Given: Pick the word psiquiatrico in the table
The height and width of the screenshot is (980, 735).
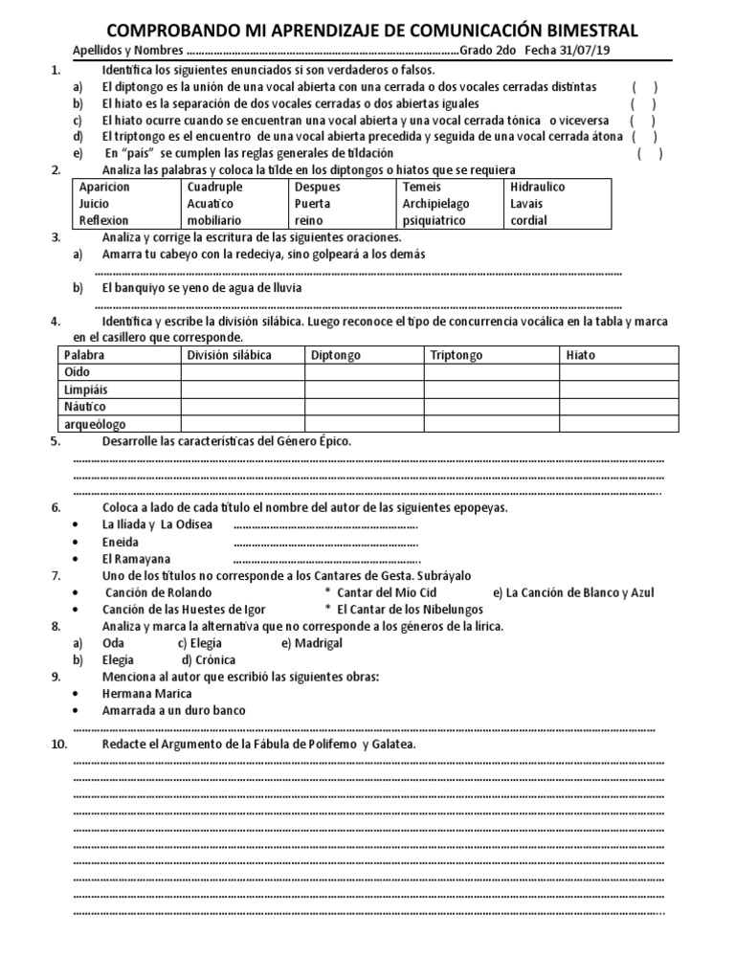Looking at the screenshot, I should pos(434,220).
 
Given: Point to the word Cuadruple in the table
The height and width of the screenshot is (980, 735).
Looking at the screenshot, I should pos(215,188).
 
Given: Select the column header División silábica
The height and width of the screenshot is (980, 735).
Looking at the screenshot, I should pos(230,355).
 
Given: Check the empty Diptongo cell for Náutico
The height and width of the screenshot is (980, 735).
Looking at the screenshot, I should pos(364,407).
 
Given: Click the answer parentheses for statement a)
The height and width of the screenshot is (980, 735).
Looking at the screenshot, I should pos(644,87).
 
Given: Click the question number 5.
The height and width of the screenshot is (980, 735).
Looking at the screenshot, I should pos(56,442).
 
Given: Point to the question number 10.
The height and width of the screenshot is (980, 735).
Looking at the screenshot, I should pos(58,745).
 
